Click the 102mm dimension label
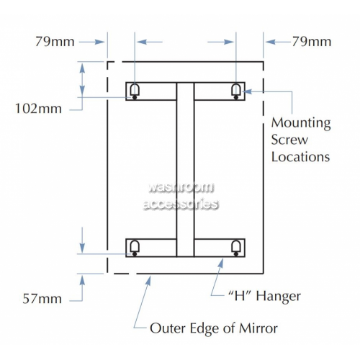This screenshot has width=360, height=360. pyautogui.click(x=38, y=109)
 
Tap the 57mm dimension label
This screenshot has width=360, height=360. pyautogui.click(x=42, y=299)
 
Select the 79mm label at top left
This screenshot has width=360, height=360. pyautogui.click(x=55, y=42)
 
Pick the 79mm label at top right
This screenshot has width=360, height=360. pyautogui.click(x=312, y=42)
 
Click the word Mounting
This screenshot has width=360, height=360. pyautogui.click(x=301, y=123)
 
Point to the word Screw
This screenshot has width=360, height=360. pyautogui.click(x=289, y=140)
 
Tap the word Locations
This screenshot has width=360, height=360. pyautogui.click(x=300, y=157)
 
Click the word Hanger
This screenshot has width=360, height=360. pyautogui.click(x=278, y=297)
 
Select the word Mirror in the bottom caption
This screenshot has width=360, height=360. pyautogui.click(x=258, y=328)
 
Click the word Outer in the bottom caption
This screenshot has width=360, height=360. pyautogui.click(x=168, y=328)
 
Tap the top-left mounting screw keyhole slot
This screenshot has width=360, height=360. pyautogui.click(x=135, y=91)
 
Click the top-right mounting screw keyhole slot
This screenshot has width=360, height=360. pyautogui.click(x=236, y=91)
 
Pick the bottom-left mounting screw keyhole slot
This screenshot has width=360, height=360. pyautogui.click(x=135, y=248)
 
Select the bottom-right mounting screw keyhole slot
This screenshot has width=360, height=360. pyautogui.click(x=236, y=248)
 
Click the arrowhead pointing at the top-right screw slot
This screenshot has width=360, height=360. pyautogui.click(x=248, y=91)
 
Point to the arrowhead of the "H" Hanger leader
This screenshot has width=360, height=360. pyautogui.click(x=221, y=263)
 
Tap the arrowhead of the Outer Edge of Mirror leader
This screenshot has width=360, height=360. pyautogui.click(x=148, y=281)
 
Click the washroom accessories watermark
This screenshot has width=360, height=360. pyautogui.click(x=181, y=196)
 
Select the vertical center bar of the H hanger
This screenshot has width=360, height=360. pyautogui.click(x=185, y=169)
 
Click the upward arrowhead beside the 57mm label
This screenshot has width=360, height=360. pyautogui.click(x=82, y=280)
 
